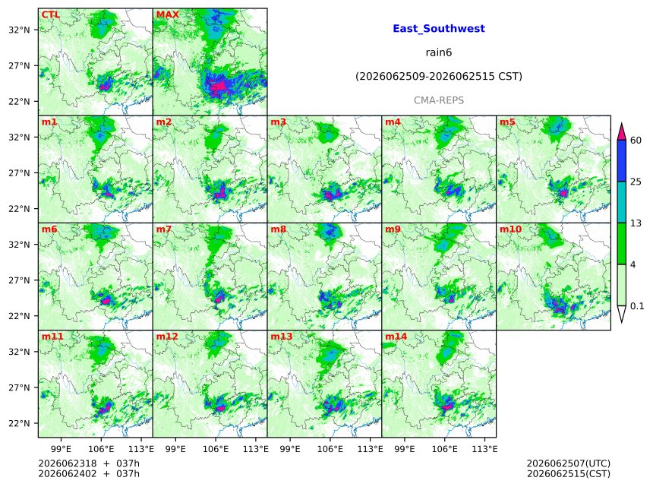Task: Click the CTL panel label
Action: point(51,14)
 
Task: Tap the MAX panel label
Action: point(167,14)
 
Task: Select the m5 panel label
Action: point(507,122)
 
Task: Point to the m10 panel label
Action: point(510,229)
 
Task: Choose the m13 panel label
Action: point(282,337)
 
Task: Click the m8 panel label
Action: point(278,229)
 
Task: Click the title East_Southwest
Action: point(439,29)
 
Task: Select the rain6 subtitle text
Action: point(439,52)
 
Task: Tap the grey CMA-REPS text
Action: point(439,100)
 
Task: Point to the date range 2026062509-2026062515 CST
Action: point(439,76)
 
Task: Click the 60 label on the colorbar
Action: point(636,140)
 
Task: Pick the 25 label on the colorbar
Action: point(636,182)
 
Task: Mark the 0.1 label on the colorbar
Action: point(637,306)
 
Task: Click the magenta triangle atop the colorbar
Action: point(622,132)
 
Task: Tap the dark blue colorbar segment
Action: point(622,161)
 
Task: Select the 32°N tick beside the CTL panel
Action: point(19,30)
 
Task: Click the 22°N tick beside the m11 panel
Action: point(19,423)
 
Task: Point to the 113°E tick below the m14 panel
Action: point(484,449)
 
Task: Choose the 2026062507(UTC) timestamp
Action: point(569,463)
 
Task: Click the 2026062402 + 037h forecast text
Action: point(89,474)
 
